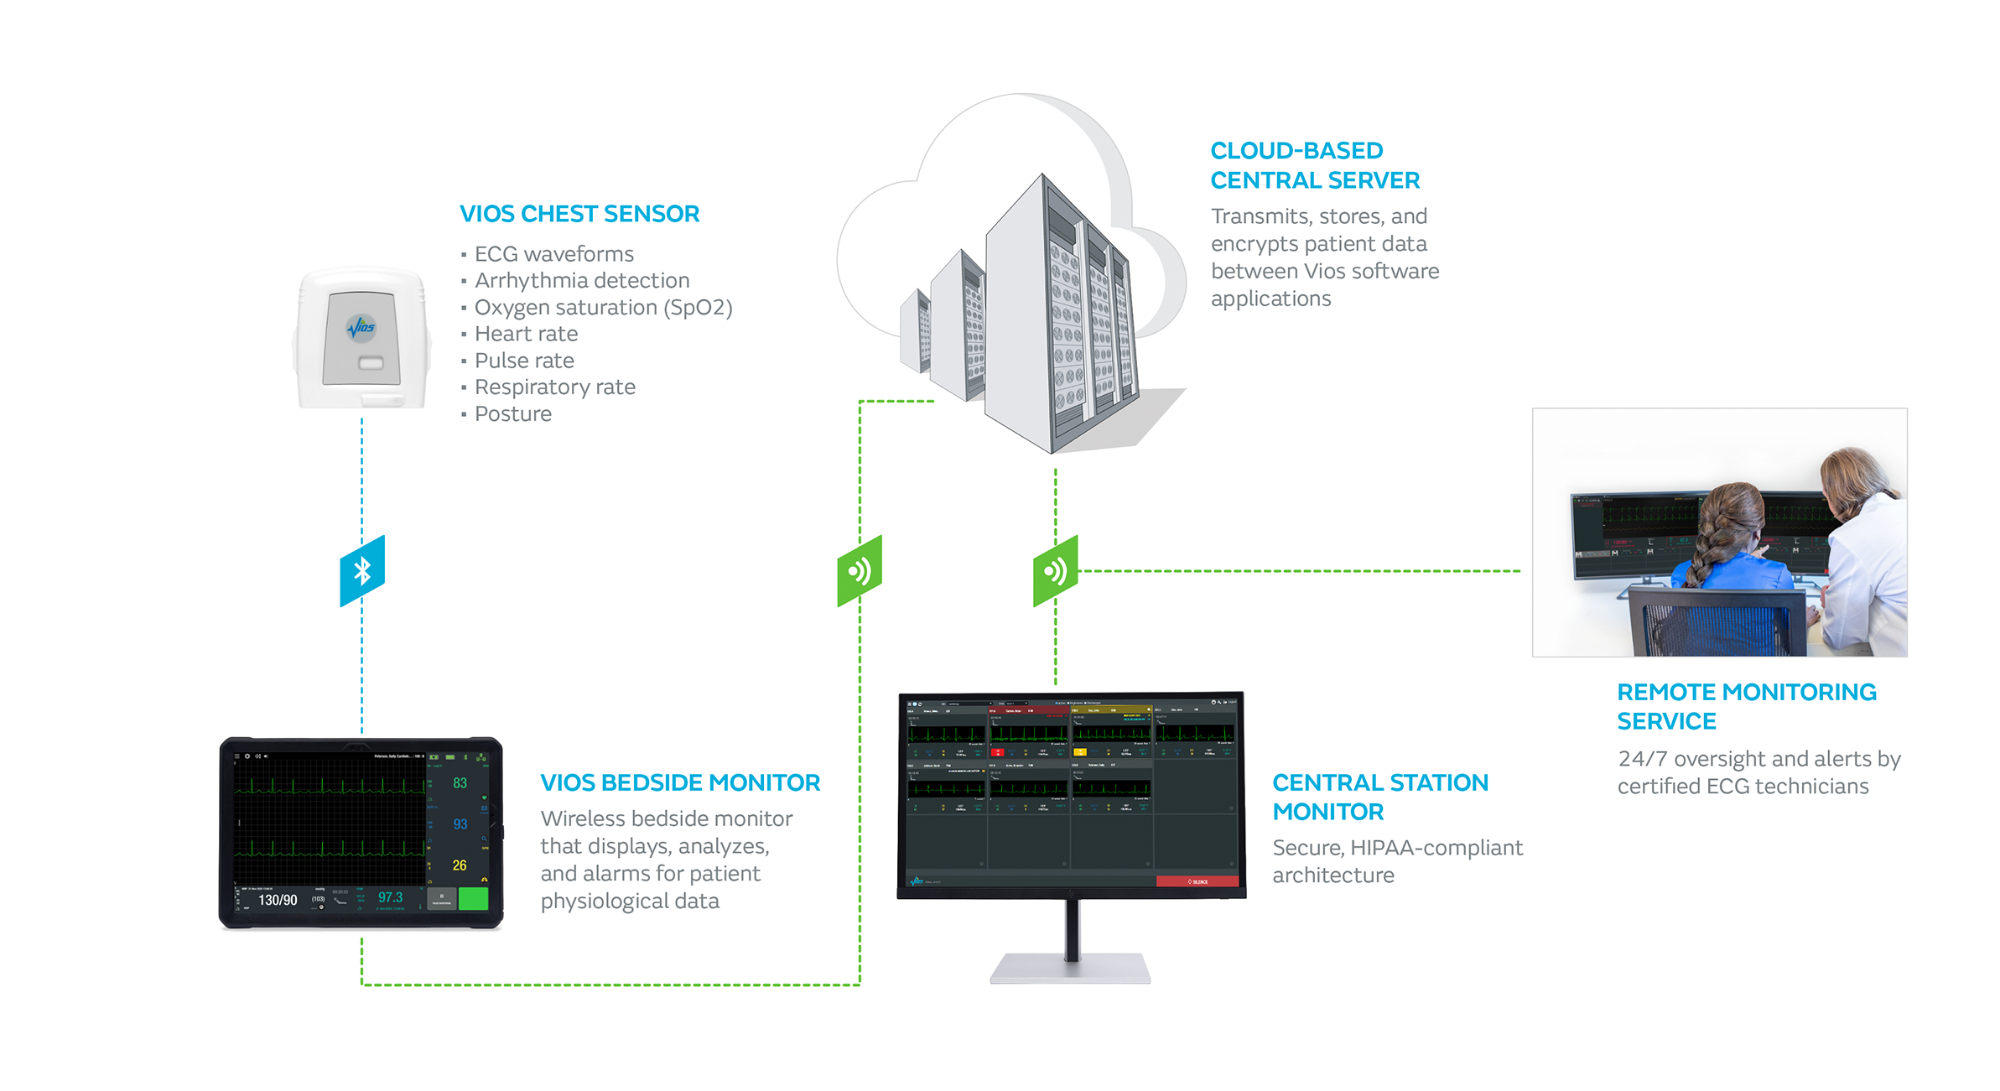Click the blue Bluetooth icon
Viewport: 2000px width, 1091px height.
pyautogui.click(x=362, y=571)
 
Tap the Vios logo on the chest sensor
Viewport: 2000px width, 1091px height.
pyautogui.click(x=362, y=326)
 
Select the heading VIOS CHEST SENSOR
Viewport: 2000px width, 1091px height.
pyautogui.click(x=579, y=214)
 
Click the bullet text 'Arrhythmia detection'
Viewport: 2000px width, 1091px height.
pyautogui.click(x=582, y=280)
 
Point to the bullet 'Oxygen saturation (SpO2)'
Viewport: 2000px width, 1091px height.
pyautogui.click(x=603, y=307)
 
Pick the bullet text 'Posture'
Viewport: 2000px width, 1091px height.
pyautogui.click(x=512, y=413)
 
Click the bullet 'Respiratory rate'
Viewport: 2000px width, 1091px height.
pyautogui.click(x=554, y=387)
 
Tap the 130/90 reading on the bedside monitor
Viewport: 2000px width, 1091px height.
pyautogui.click(x=278, y=900)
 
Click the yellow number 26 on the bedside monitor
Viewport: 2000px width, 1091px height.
pyautogui.click(x=460, y=865)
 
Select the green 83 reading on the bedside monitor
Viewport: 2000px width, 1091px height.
pyautogui.click(x=460, y=783)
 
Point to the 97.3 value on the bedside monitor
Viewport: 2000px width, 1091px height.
pyautogui.click(x=390, y=897)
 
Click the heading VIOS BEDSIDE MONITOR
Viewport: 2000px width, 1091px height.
pyautogui.click(x=680, y=782)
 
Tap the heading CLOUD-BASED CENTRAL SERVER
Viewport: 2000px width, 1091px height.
pyautogui.click(x=1314, y=165)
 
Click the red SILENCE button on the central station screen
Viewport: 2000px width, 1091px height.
pyautogui.click(x=1197, y=881)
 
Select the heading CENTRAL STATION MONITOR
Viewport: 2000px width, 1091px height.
pyautogui.click(x=1379, y=797)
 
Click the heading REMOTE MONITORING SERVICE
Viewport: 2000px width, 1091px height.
pyautogui.click(x=1746, y=706)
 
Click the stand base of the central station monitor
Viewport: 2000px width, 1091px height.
pyautogui.click(x=1070, y=969)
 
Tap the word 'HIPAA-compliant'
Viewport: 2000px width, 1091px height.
pyautogui.click(x=1436, y=848)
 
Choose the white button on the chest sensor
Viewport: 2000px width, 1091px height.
pyautogui.click(x=371, y=363)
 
